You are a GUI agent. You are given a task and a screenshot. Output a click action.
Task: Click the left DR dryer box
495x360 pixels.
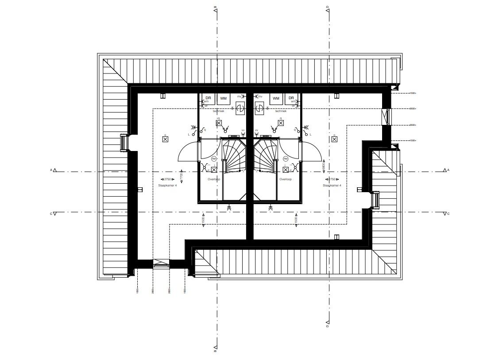pos(208,98)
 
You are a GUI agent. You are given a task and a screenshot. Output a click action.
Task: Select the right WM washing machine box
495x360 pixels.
pos(276,98)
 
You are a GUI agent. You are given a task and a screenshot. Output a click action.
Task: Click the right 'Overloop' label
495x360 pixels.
pos(285,180)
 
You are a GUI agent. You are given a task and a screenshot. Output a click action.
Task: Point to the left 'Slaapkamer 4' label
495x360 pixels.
pos(167,186)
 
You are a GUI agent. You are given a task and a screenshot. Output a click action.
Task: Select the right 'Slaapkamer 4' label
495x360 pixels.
pos(332,186)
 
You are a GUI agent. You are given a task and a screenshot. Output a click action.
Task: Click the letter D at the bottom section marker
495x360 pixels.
pos(327,327)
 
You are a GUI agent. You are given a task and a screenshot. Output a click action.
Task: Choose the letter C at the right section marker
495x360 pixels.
pos(449,213)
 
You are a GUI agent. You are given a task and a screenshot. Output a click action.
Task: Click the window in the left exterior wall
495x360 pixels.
pos(124,143)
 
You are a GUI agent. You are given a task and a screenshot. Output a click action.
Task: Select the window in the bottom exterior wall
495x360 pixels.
pos(161,264)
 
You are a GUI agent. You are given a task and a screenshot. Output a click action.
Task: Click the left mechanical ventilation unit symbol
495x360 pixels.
pos(240,108)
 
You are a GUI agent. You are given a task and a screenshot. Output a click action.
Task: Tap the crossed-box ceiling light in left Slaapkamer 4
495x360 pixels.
pos(165,139)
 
